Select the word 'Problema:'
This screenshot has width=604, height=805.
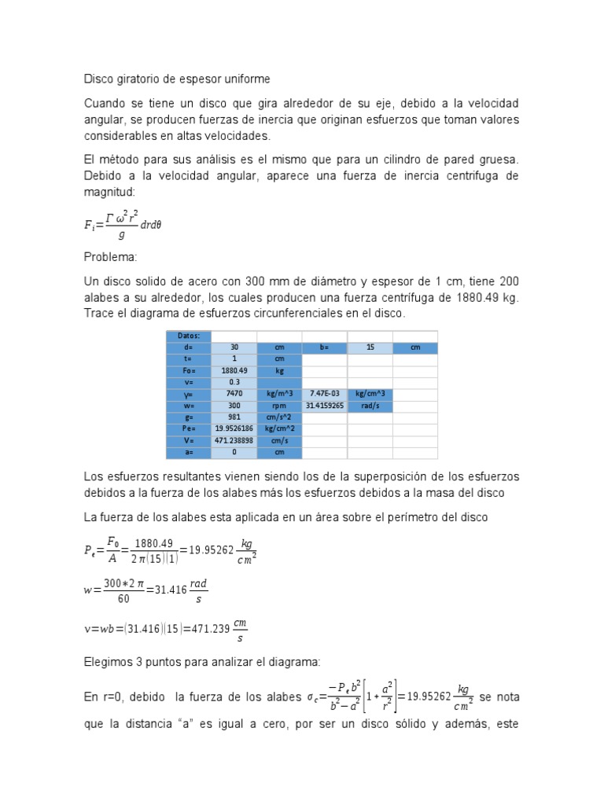pyautogui.click(x=109, y=256)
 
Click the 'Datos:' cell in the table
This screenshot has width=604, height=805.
pyautogui.click(x=189, y=336)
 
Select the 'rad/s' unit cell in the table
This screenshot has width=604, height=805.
pyautogui.click(x=370, y=406)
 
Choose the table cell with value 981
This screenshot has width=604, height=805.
pyautogui.click(x=234, y=417)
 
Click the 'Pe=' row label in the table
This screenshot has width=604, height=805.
pyautogui.click(x=189, y=429)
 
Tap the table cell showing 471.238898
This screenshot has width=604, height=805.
pyautogui.click(x=234, y=441)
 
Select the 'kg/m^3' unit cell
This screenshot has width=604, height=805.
pyautogui.click(x=279, y=393)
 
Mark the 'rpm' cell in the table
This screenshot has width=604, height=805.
pyautogui.click(x=279, y=406)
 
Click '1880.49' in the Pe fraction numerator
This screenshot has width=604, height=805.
pyautogui.click(x=152, y=543)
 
